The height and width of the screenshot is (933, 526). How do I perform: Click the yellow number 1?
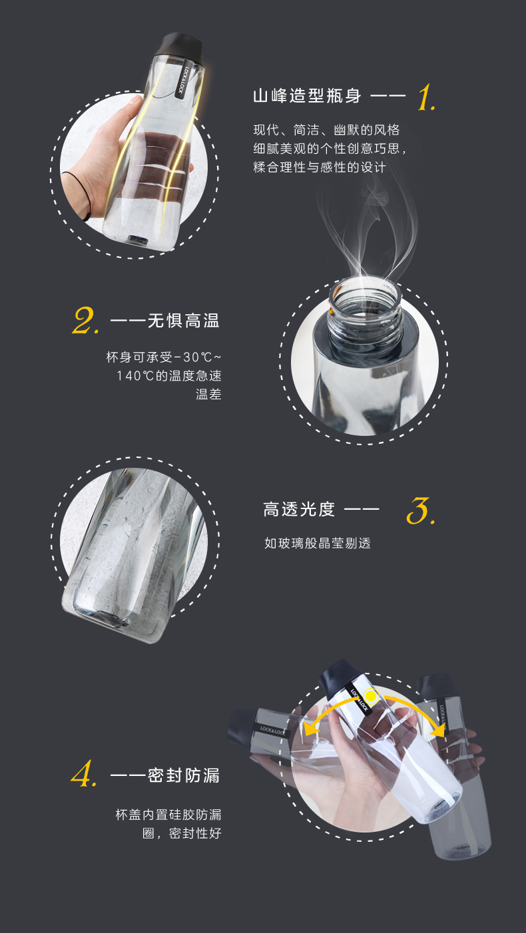coord(426,97)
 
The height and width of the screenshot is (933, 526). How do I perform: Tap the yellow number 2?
coord(86,321)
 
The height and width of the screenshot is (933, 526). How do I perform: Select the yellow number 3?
coord(421,510)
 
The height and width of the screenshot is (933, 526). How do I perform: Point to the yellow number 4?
coord(84,773)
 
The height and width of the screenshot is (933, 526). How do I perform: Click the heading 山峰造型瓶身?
coord(307,96)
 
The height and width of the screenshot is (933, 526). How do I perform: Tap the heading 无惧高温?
coord(183,321)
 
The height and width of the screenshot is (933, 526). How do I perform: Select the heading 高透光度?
coord(299,509)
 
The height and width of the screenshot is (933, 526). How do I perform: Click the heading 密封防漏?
coord(183,775)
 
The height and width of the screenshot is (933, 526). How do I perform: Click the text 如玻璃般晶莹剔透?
coord(317,543)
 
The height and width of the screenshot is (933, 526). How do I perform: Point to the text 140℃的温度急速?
coord(169,376)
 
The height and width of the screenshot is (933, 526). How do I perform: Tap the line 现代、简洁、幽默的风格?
coord(326,130)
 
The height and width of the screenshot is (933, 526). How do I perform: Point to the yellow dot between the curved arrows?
coord(371,696)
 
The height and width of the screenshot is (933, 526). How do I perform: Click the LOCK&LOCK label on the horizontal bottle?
coord(272,730)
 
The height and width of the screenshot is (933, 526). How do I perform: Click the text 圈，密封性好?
coord(182,833)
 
